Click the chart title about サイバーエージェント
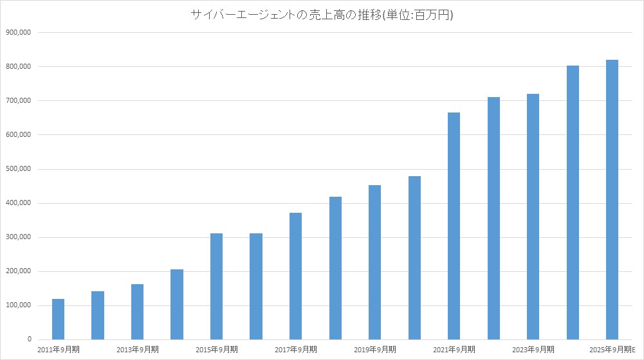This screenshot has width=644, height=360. coord(322,15)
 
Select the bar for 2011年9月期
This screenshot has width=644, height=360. coord(58,319)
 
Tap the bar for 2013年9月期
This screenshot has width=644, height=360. coord(137,312)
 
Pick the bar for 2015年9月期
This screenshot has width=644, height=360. coord(216,286)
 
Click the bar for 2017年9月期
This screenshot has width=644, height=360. coord(295,276)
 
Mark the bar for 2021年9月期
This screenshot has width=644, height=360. coord(454,226)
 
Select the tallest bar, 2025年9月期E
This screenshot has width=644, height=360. coord(612,199)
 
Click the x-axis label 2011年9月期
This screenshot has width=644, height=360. coord(58,350)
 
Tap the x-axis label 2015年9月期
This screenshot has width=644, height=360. coord(216,350)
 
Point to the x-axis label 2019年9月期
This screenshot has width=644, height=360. coord(374,350)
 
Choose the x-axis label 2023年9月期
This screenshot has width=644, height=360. coord(533,350)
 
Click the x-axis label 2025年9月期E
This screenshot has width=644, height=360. coord(612,350)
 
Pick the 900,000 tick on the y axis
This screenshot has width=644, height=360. coord(19,32)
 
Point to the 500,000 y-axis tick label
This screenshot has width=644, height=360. coord(19,169)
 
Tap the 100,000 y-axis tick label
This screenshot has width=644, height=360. coord(19,305)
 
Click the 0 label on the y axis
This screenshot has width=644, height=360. coord(29,339)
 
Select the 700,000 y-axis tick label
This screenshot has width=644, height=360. coord(19,101)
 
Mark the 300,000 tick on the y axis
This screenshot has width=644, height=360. coord(19,237)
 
